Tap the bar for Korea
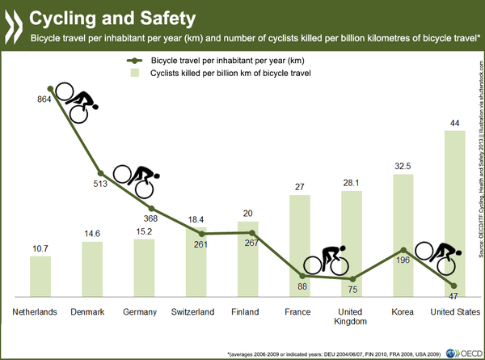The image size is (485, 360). pos(403,235)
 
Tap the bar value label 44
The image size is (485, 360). pos(455,122)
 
